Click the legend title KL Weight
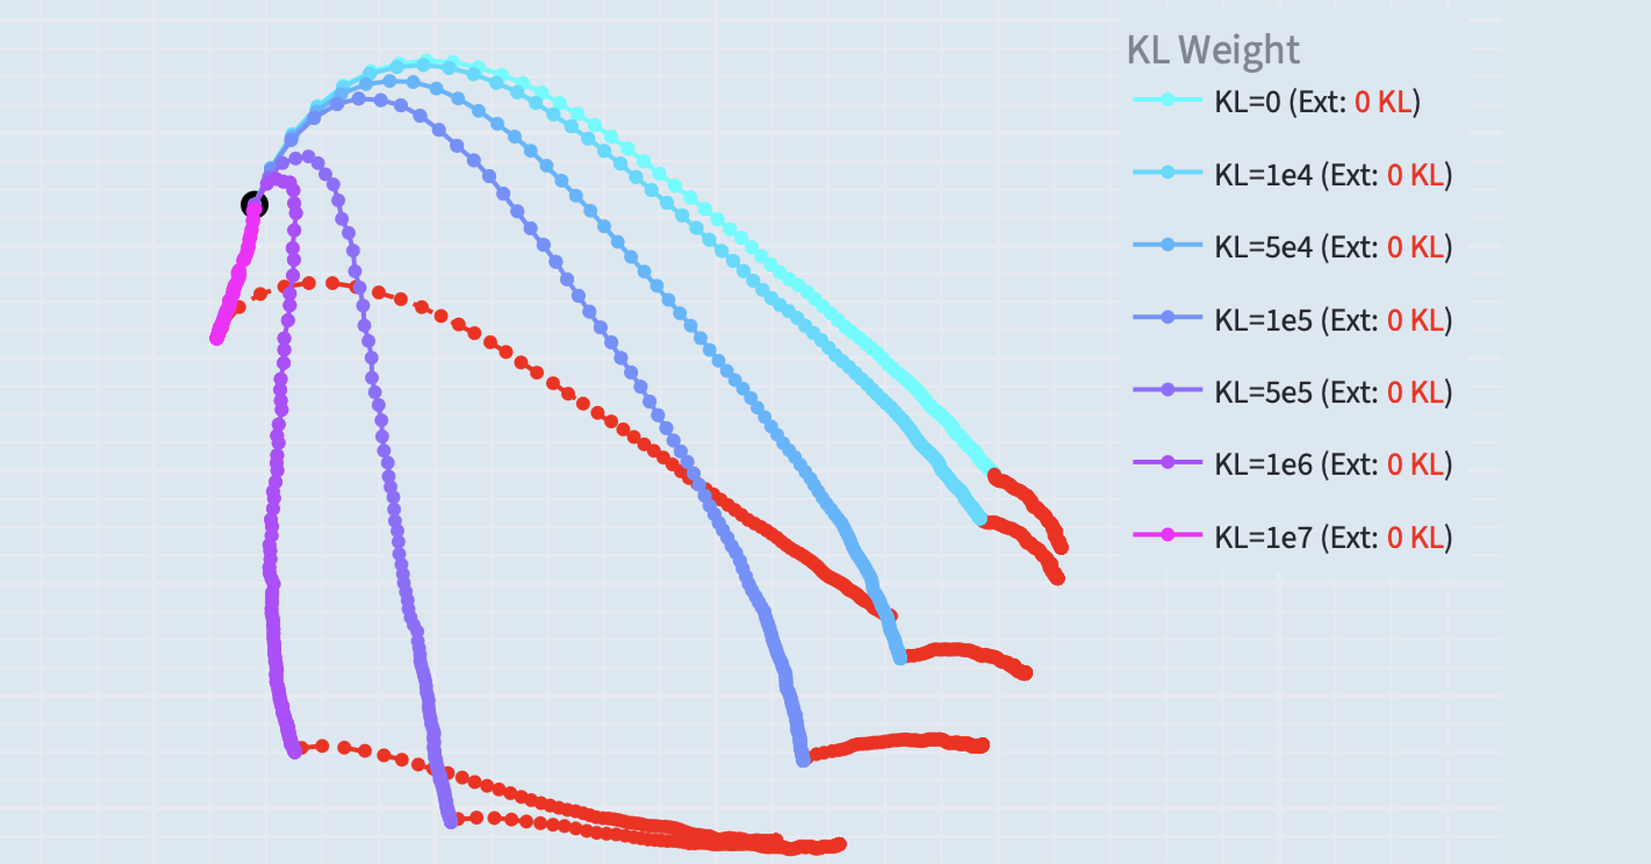1212,50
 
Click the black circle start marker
253,204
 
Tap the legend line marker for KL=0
1167,100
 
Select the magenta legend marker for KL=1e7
1167,535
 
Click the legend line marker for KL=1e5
1167,317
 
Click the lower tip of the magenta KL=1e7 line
217,338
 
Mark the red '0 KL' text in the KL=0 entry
1383,102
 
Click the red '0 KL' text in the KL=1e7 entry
1416,537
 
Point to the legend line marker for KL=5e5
1167,390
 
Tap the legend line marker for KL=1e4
1167,173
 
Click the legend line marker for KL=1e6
1167,463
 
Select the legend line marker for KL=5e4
1167,245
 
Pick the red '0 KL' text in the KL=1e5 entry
1416,320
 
